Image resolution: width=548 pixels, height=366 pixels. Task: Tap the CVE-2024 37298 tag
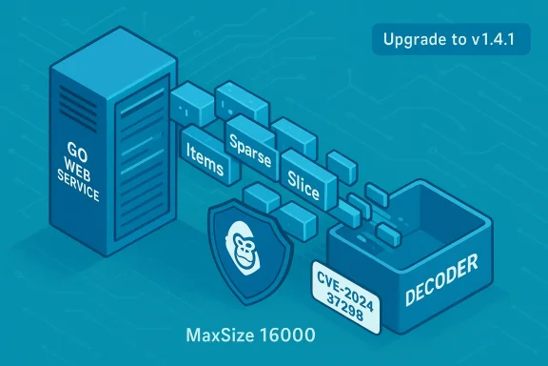(x=346, y=290)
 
